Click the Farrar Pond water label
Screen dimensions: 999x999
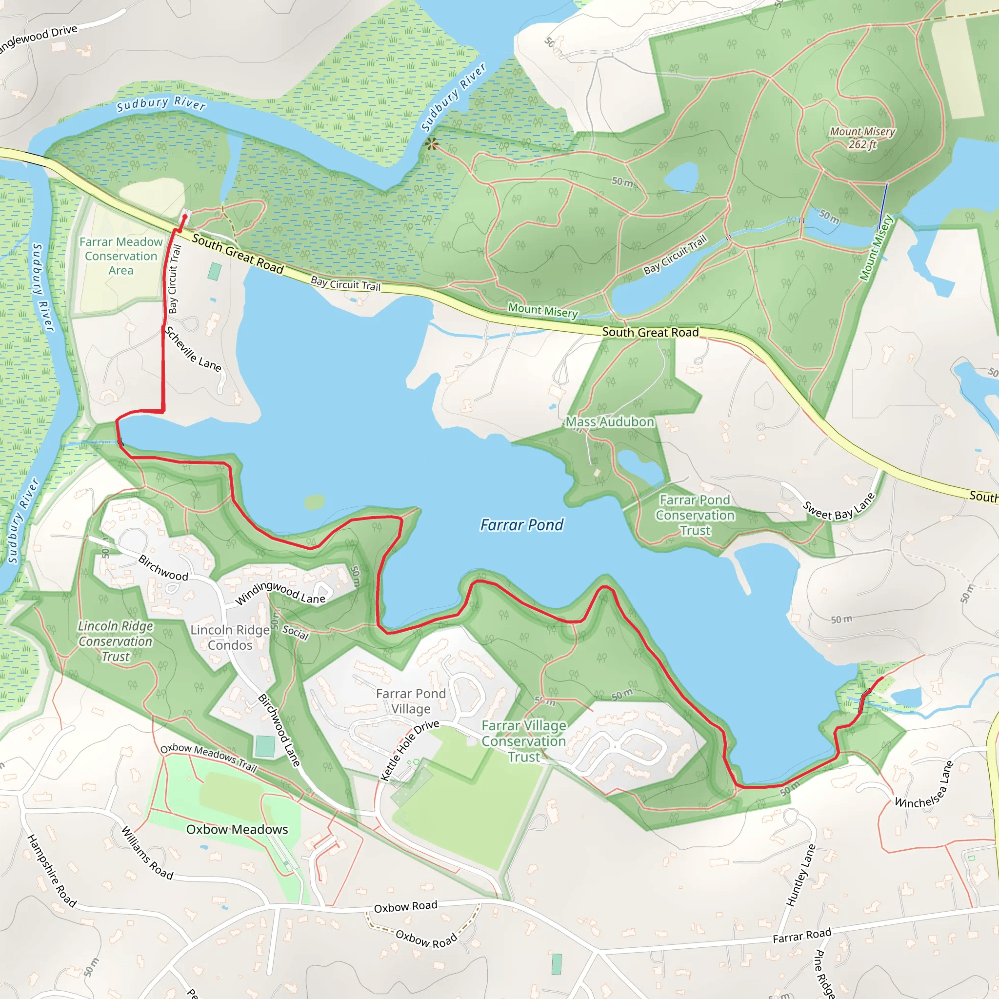[521, 525]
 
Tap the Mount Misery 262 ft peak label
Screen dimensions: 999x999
[862, 138]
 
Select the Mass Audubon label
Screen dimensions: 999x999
[610, 422]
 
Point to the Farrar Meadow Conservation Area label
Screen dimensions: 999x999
[121, 256]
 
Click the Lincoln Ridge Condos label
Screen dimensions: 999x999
[230, 637]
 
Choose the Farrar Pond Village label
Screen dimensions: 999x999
[411, 700]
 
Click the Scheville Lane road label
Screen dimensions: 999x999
[193, 349]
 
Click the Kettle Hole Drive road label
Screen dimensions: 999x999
[410, 749]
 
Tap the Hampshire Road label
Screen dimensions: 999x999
[52, 870]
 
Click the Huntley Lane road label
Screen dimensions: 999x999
[801, 875]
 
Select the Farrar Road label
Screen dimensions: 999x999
[801, 935]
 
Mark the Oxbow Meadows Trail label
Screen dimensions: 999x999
[208, 757]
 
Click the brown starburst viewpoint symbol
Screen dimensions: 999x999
[431, 144]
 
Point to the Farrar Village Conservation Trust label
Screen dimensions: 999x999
[524, 741]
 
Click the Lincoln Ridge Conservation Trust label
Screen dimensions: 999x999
[116, 641]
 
